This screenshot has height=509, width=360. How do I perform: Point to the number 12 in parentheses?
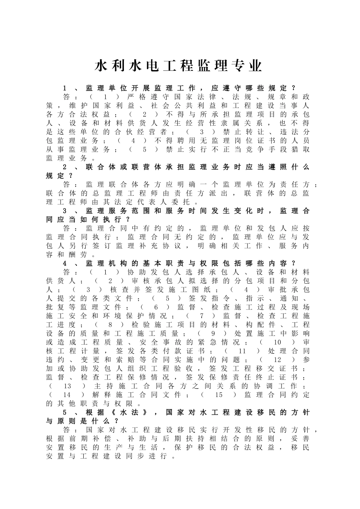click(x=277, y=360)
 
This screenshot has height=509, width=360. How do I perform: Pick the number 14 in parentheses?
click(x=67, y=395)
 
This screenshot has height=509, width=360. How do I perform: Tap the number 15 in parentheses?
click(x=219, y=395)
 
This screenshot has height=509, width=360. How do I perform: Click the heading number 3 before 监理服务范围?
click(x=65, y=211)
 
